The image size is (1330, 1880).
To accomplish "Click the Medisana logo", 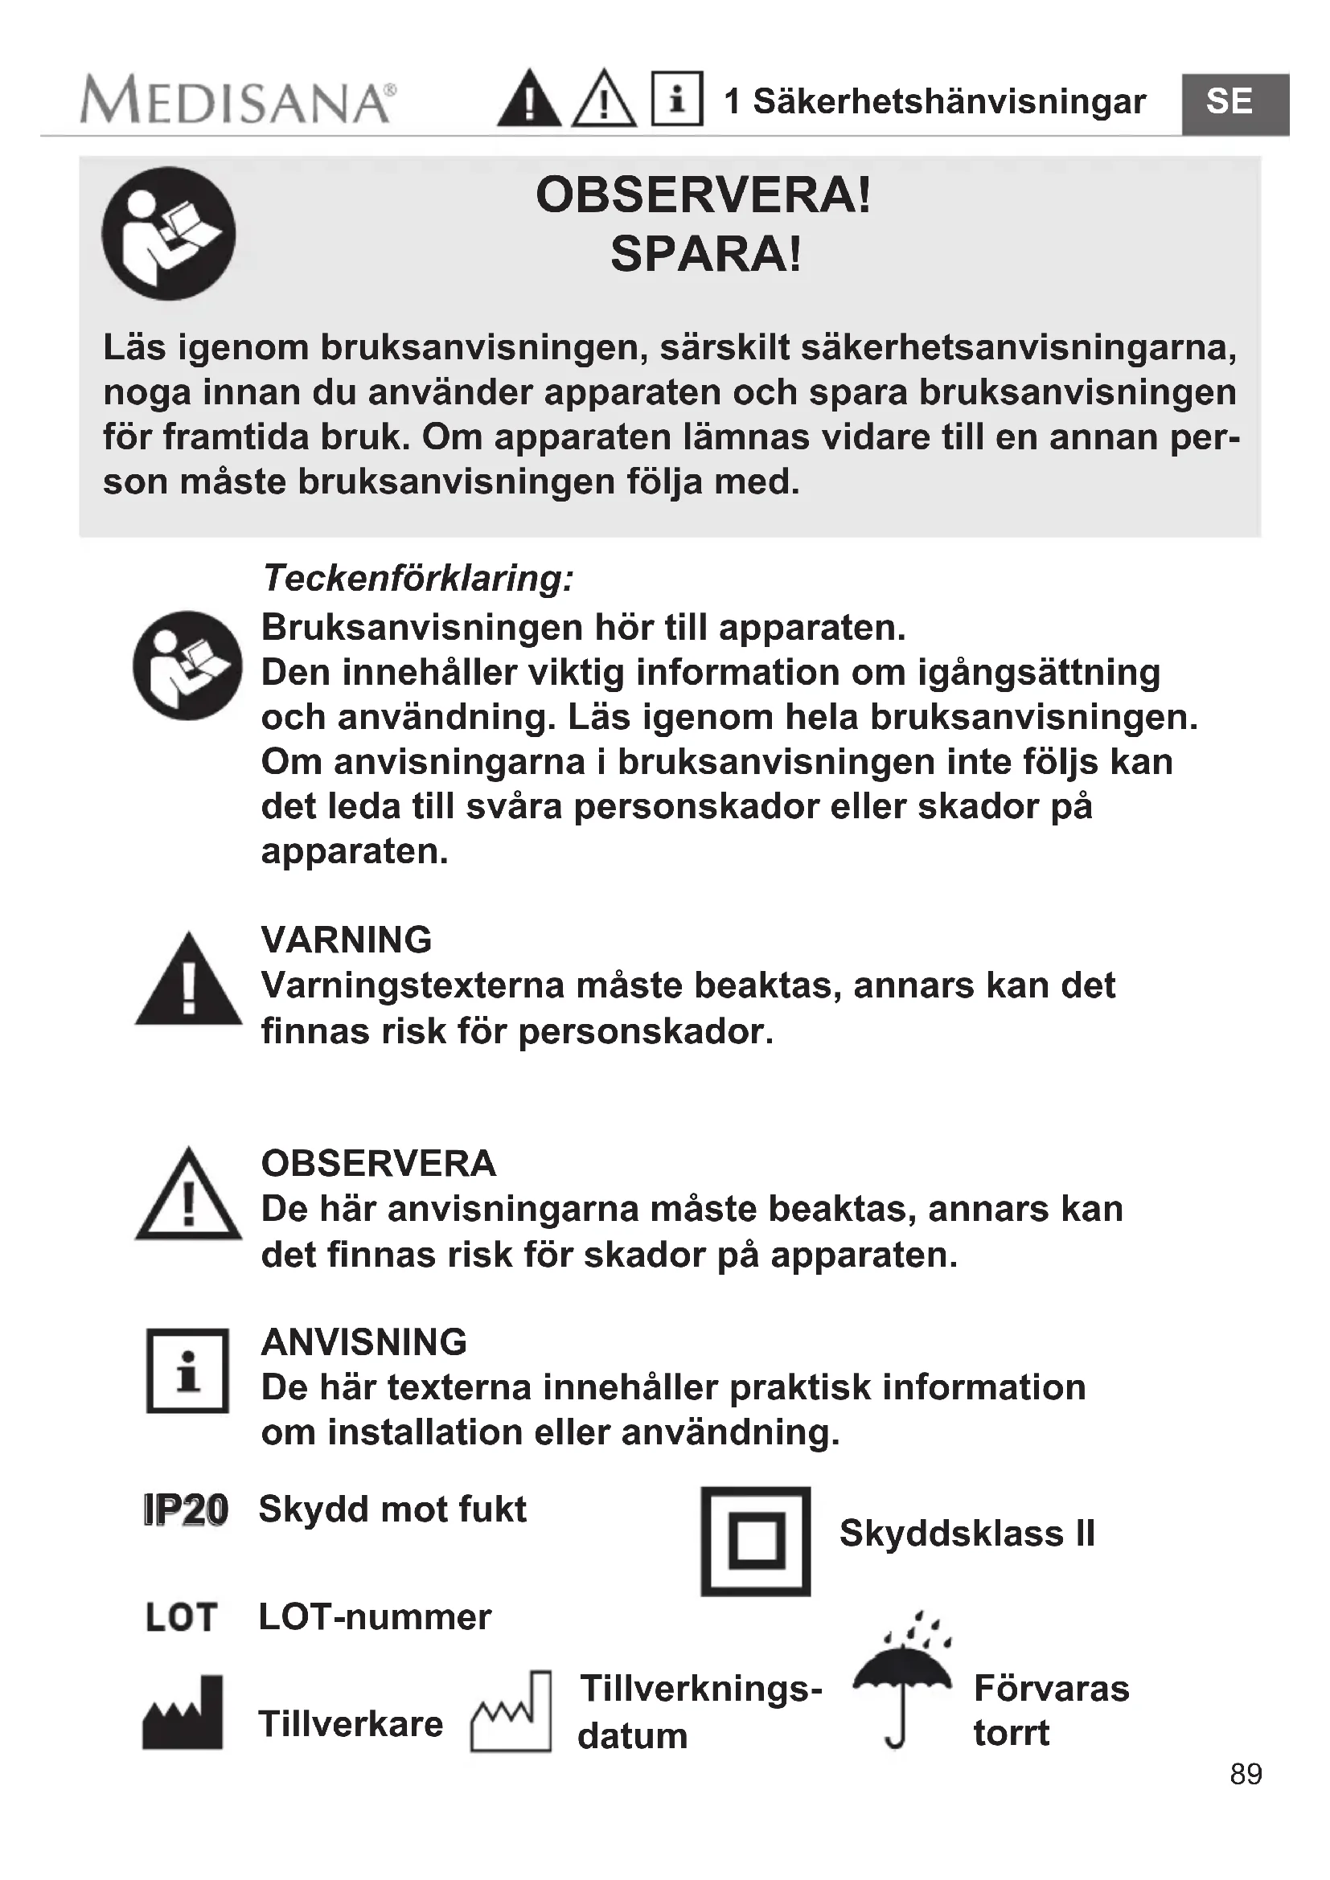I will pyautogui.click(x=237, y=101).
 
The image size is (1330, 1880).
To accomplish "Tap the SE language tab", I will pyautogui.click(x=1229, y=102).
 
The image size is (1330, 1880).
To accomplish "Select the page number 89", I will pyautogui.click(x=1245, y=1774).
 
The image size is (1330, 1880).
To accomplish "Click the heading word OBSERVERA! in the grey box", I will pyautogui.click(x=704, y=195).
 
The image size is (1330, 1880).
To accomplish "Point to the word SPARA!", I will pyautogui.click(x=705, y=254).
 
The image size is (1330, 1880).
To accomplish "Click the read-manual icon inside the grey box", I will pyautogui.click(x=169, y=234).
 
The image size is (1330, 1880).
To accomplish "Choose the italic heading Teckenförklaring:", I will pyautogui.click(x=417, y=578).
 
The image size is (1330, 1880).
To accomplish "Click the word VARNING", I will pyautogui.click(x=347, y=939).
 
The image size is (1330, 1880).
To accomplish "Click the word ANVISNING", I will pyautogui.click(x=363, y=1342).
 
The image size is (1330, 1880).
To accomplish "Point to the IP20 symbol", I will pyautogui.click(x=185, y=1510).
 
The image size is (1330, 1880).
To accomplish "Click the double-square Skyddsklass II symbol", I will pyautogui.click(x=755, y=1541).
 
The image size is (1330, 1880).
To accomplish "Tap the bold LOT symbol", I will pyautogui.click(x=181, y=1617).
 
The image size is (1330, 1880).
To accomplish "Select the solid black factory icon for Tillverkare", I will pyautogui.click(x=183, y=1713).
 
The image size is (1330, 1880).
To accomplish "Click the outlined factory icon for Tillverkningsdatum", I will pyautogui.click(x=512, y=1713).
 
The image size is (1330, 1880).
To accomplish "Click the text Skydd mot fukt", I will pyautogui.click(x=392, y=1509).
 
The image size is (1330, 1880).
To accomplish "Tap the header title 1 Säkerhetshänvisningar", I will pyautogui.click(x=934, y=101).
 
